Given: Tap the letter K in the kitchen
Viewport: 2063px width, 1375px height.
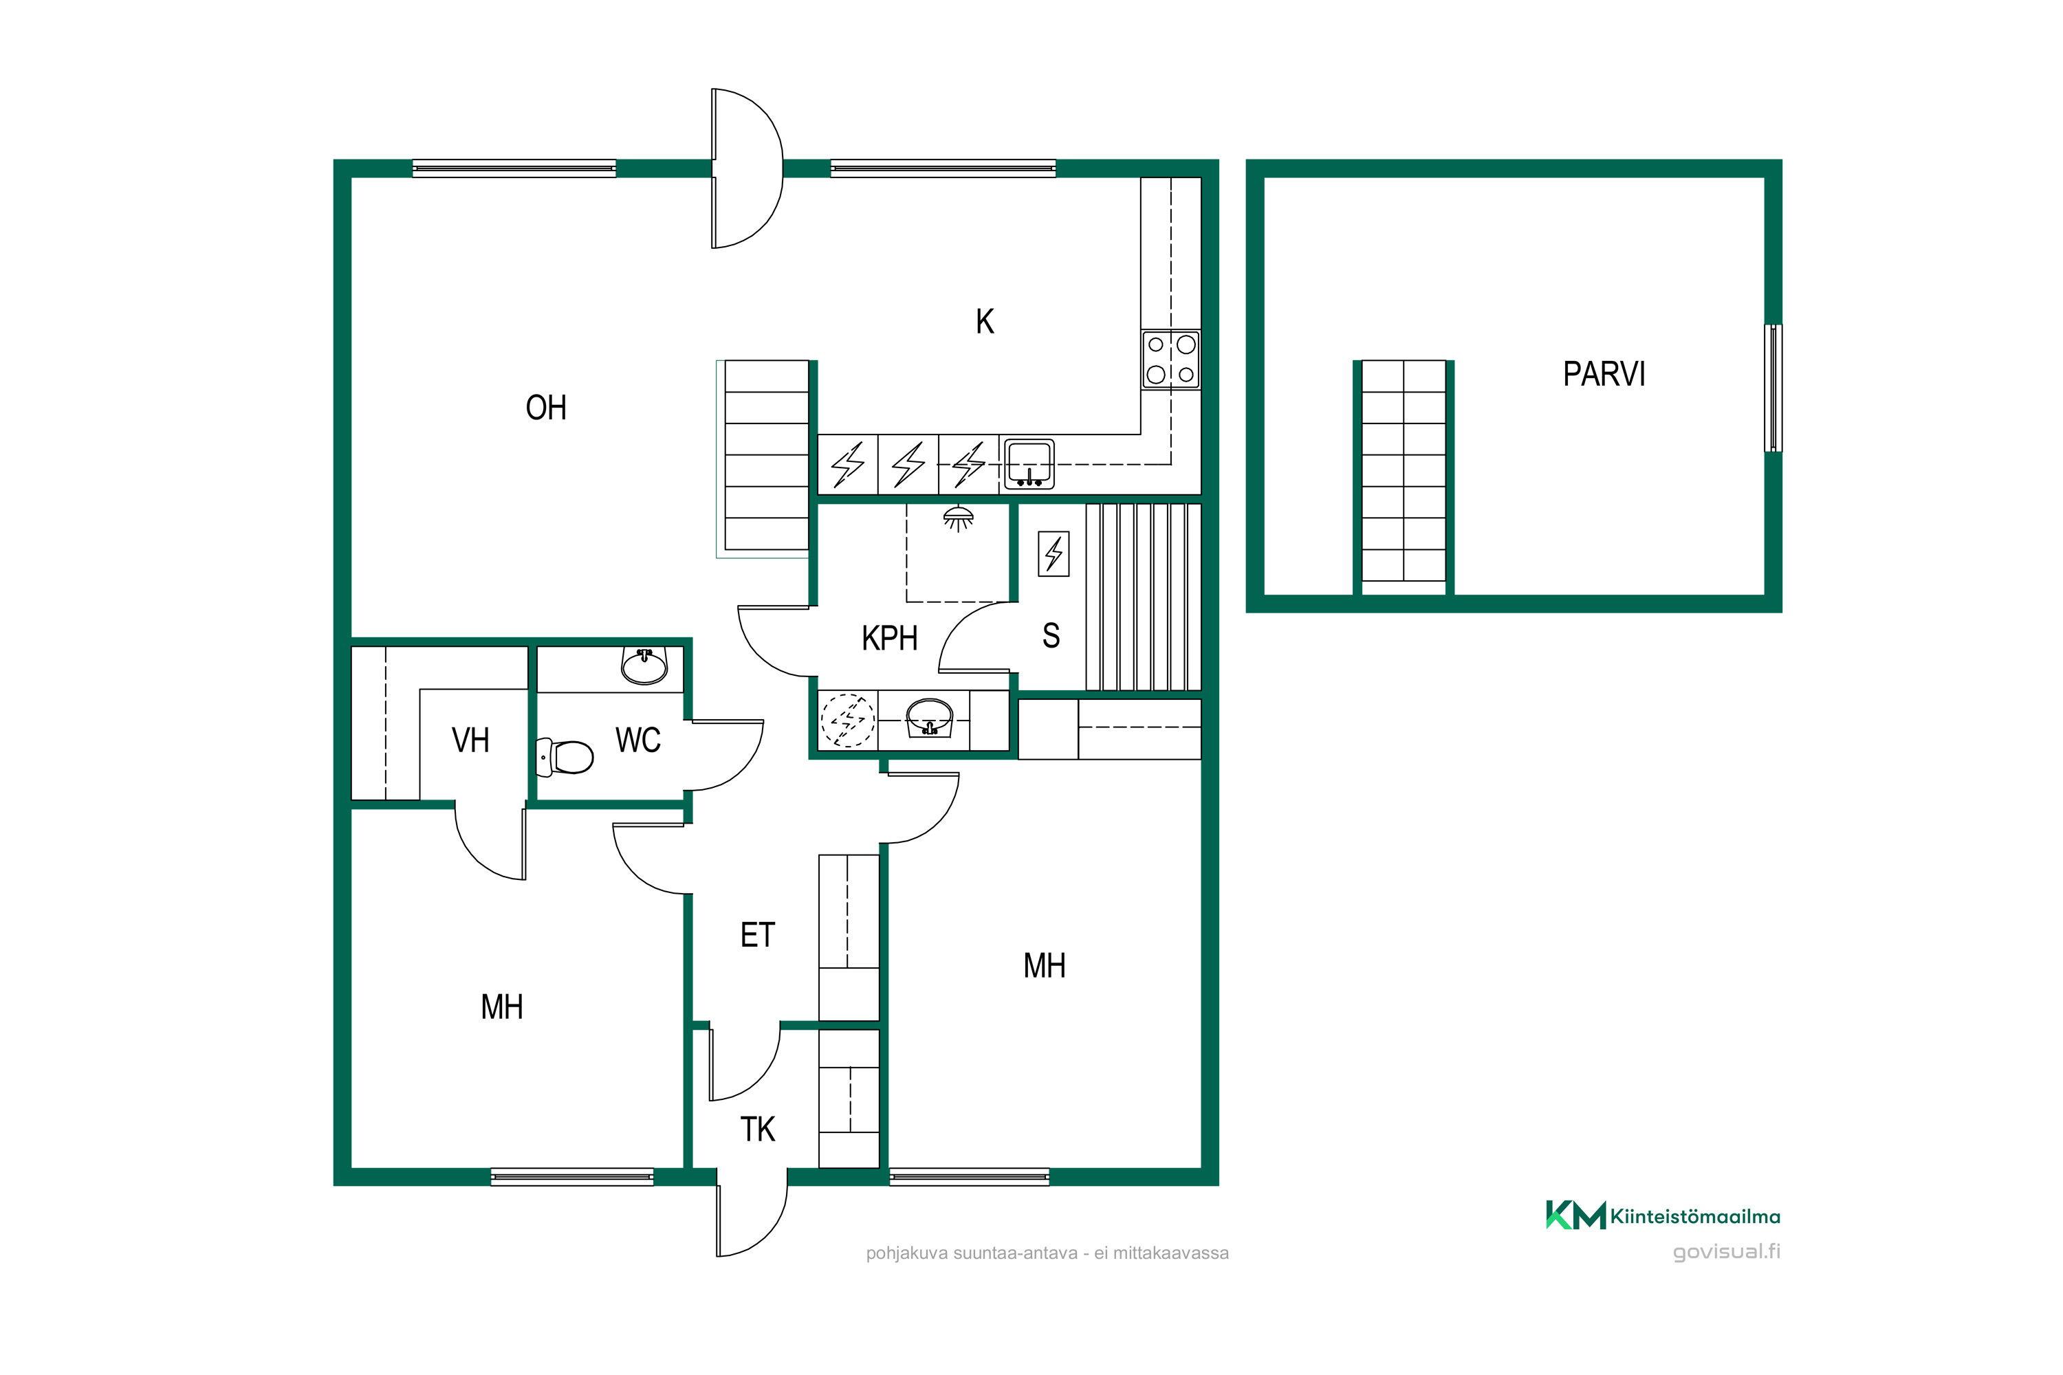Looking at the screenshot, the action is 985,322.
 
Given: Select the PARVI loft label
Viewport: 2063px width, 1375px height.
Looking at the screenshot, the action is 1604,375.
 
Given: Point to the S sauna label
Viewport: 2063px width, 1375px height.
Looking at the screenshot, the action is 1051,636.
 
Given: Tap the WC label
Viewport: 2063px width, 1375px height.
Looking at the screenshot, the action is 637,740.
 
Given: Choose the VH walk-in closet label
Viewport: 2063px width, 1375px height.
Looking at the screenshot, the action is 470,740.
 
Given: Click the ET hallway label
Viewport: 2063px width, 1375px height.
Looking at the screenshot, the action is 758,935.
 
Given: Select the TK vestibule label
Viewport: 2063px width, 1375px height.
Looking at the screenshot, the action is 758,1130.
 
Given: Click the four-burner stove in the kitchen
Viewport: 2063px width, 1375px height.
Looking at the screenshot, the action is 1171,360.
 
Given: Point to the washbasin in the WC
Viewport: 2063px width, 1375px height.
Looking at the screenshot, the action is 645,665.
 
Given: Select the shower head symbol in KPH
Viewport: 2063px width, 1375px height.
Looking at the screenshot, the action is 958,518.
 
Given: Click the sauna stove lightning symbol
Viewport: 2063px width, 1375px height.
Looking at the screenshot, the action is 1054,554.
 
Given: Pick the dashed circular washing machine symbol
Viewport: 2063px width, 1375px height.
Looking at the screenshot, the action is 847,720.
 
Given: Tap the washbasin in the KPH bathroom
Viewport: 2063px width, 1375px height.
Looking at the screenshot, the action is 929,717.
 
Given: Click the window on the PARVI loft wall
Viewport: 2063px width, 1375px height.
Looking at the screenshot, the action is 1773,388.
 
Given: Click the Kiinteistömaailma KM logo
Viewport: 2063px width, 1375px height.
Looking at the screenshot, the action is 1575,1215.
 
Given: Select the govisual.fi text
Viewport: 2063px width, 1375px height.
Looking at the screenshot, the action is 1726,1251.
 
